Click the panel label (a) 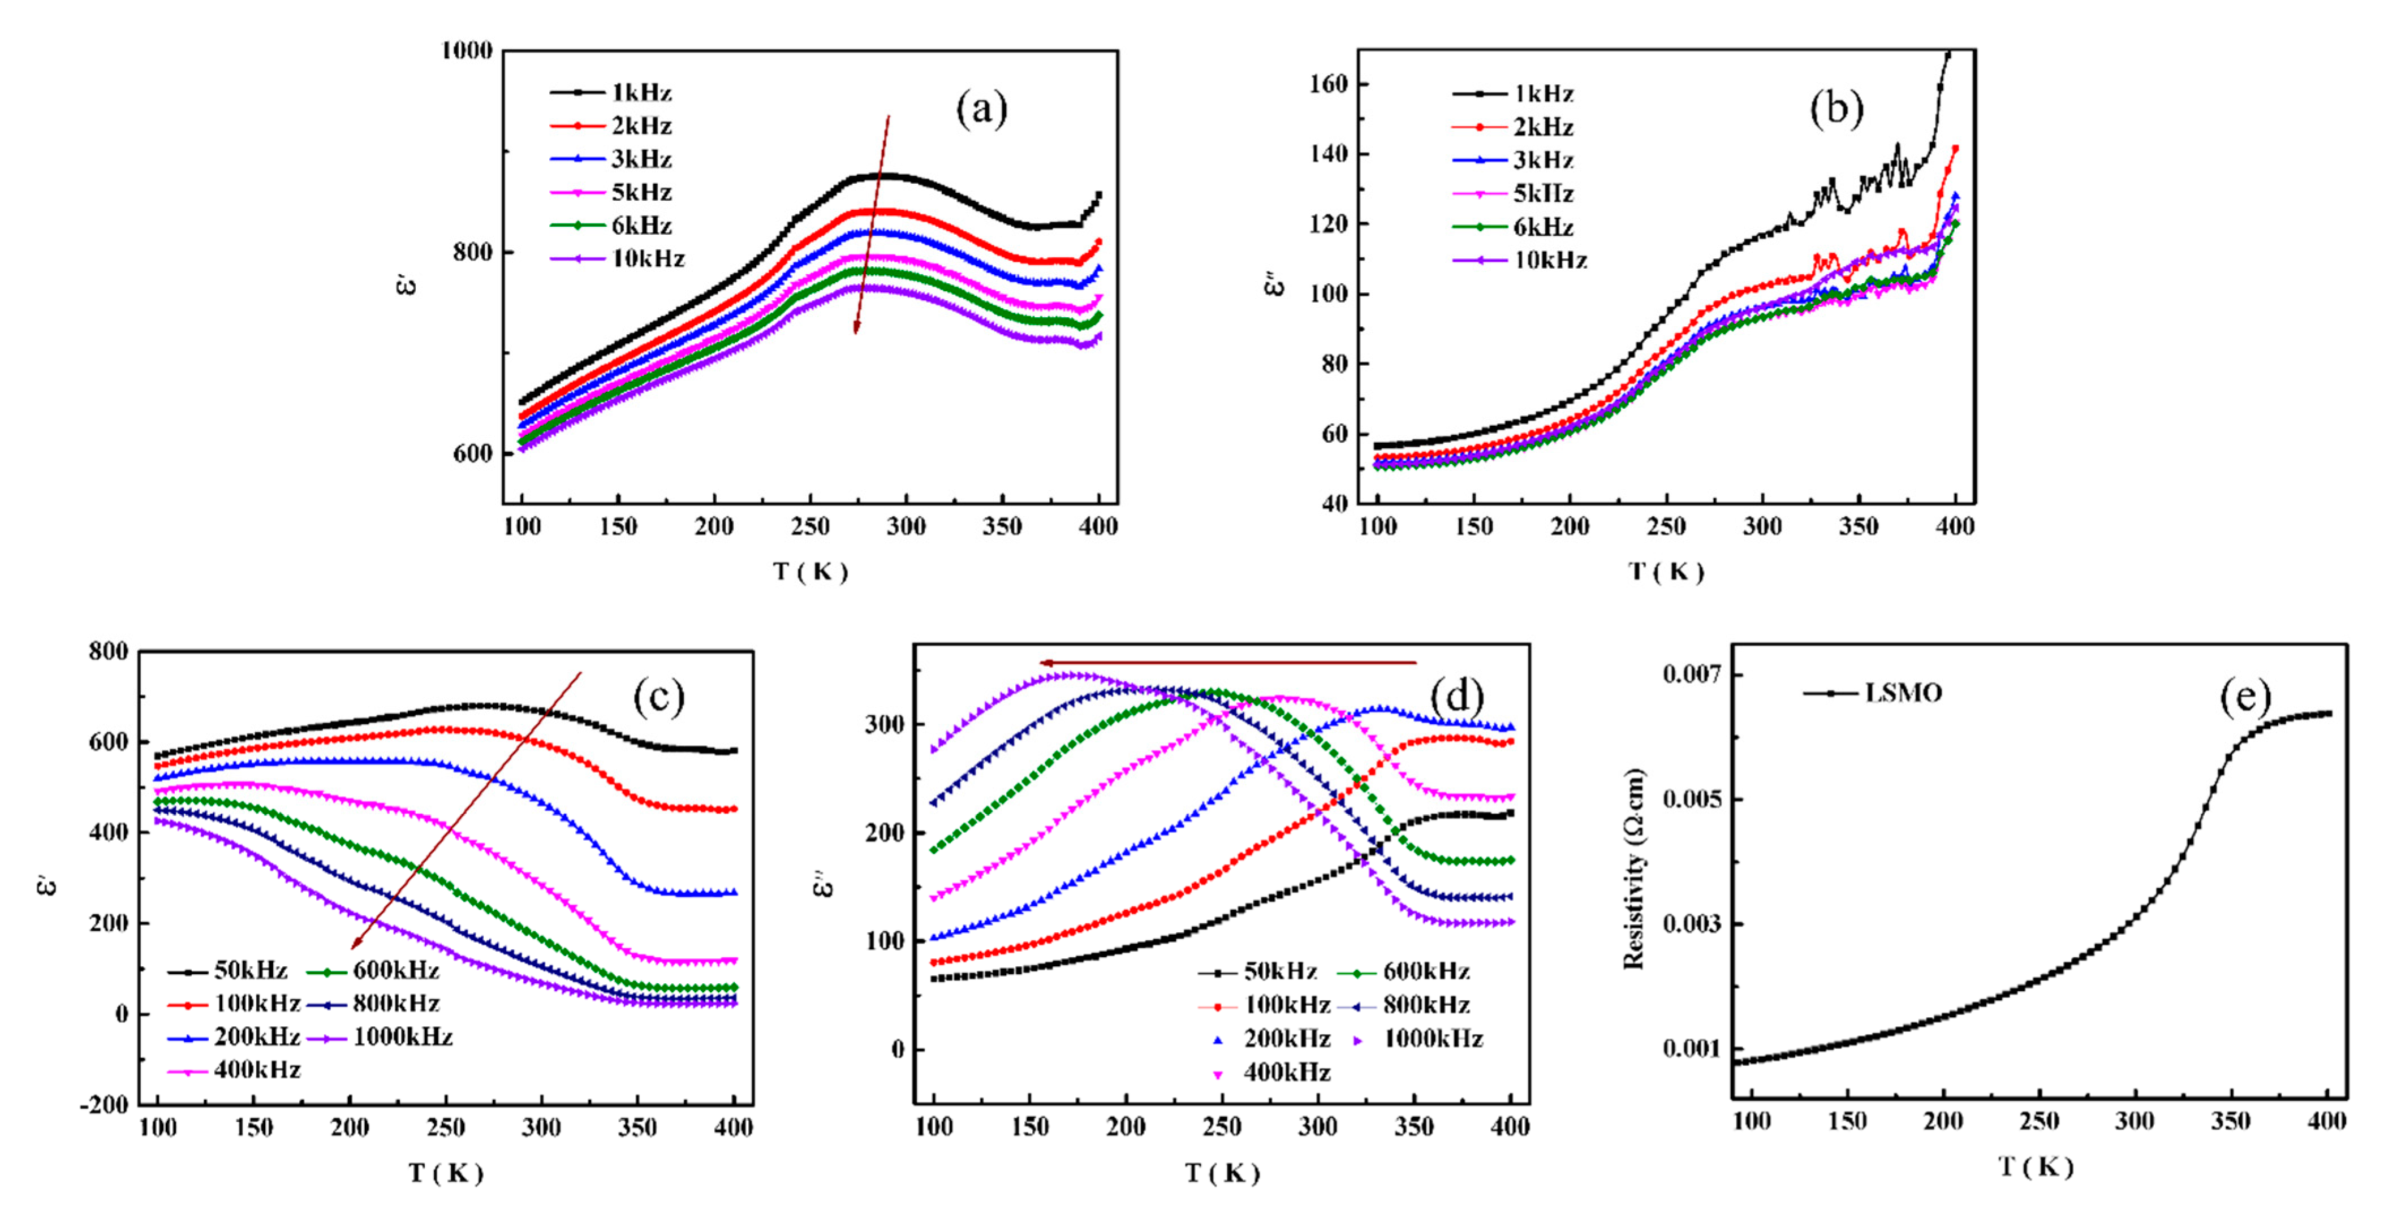click(982, 110)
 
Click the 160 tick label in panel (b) click(1328, 85)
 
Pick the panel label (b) click(1836, 110)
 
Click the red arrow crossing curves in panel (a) click(872, 223)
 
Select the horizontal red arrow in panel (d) click(1228, 663)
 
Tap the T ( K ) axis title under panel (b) click(1666, 572)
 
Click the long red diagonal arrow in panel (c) click(465, 810)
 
